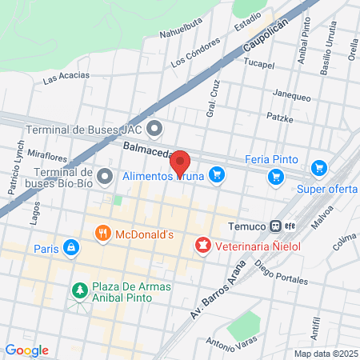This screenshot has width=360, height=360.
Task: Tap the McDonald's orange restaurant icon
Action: point(103,234)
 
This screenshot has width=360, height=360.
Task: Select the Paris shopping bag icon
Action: point(71,248)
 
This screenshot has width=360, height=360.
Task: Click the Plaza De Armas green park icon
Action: point(79,288)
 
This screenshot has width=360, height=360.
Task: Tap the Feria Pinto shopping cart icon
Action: point(277,176)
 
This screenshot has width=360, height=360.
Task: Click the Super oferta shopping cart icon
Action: point(319,168)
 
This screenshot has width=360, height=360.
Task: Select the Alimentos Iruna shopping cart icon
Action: point(216,174)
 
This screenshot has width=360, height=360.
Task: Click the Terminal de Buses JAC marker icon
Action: point(155,128)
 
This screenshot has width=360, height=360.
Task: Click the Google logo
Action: point(26,350)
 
